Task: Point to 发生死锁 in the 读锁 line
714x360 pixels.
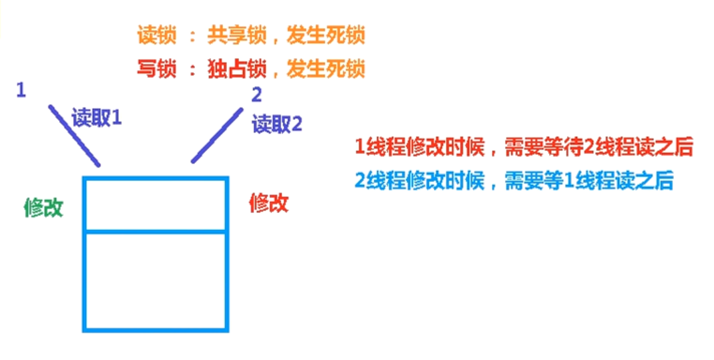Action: [x=326, y=35]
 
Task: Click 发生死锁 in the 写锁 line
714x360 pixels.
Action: [x=326, y=69]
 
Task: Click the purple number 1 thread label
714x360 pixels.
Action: [x=21, y=91]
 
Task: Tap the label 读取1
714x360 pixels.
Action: [x=97, y=119]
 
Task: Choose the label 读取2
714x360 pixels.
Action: [x=277, y=124]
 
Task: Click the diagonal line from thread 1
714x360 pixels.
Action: [x=73, y=134]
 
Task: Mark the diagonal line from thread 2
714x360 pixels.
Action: [x=216, y=136]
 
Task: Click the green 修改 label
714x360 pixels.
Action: [x=43, y=208]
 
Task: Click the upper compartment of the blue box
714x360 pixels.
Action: [x=156, y=204]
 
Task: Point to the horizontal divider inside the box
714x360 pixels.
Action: [x=156, y=232]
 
